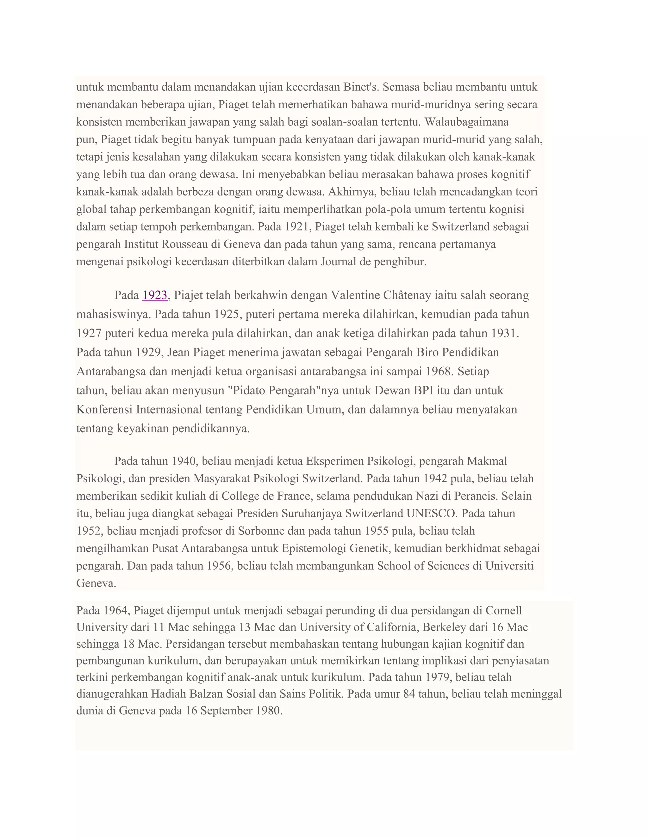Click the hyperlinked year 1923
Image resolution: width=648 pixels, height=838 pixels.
(x=155, y=295)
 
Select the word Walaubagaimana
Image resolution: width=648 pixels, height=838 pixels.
(x=467, y=122)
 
